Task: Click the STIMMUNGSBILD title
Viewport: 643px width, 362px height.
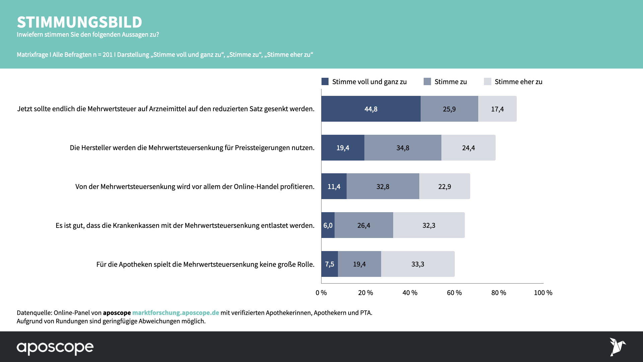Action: pyautogui.click(x=79, y=22)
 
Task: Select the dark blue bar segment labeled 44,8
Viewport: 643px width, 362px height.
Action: pyautogui.click(x=371, y=109)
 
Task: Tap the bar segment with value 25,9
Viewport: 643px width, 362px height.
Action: pyautogui.click(x=449, y=109)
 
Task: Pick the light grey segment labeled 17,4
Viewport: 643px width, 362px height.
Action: pyautogui.click(x=497, y=109)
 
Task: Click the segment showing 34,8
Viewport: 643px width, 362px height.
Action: pyautogui.click(x=403, y=148)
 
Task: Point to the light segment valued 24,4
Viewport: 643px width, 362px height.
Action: pyautogui.click(x=468, y=148)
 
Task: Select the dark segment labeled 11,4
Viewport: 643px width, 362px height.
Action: pyautogui.click(x=334, y=186)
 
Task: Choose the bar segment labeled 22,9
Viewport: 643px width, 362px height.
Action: pyautogui.click(x=444, y=186)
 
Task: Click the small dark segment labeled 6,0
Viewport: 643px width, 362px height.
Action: pyautogui.click(x=328, y=225)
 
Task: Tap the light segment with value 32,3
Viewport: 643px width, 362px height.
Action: pyautogui.click(x=429, y=225)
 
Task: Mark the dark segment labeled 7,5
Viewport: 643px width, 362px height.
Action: pyautogui.click(x=330, y=264)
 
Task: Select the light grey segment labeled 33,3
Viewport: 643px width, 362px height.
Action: pyautogui.click(x=418, y=264)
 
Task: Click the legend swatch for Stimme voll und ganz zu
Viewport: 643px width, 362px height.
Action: pyautogui.click(x=325, y=81)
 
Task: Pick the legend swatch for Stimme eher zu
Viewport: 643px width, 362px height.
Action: pyautogui.click(x=487, y=81)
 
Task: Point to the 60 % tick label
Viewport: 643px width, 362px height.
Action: pyautogui.click(x=454, y=293)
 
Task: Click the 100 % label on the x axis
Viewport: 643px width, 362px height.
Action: pyautogui.click(x=543, y=293)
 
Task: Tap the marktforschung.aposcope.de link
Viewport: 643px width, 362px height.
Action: pyautogui.click(x=175, y=313)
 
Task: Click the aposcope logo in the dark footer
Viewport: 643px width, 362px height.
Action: pyautogui.click(x=55, y=348)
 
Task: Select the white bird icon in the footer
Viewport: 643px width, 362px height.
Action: pyautogui.click(x=617, y=347)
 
